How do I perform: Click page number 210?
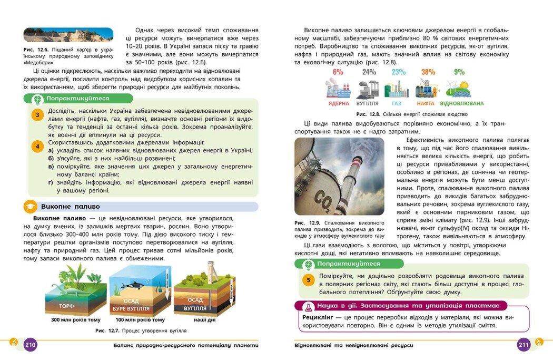tap(30, 345)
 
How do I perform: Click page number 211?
tap(524, 345)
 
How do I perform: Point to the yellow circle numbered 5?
tap(309, 280)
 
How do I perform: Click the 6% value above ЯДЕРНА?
tap(338, 72)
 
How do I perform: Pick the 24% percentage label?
tap(369, 72)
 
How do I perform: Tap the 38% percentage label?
tap(428, 72)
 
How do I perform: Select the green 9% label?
tap(459, 72)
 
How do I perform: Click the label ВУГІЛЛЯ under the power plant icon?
tap(368, 104)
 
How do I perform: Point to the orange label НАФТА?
tap(426, 104)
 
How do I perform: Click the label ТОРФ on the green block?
tap(66, 306)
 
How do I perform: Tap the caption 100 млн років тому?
tap(140, 320)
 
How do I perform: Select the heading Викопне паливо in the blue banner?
tap(70, 207)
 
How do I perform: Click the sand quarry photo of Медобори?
tap(68, 35)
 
